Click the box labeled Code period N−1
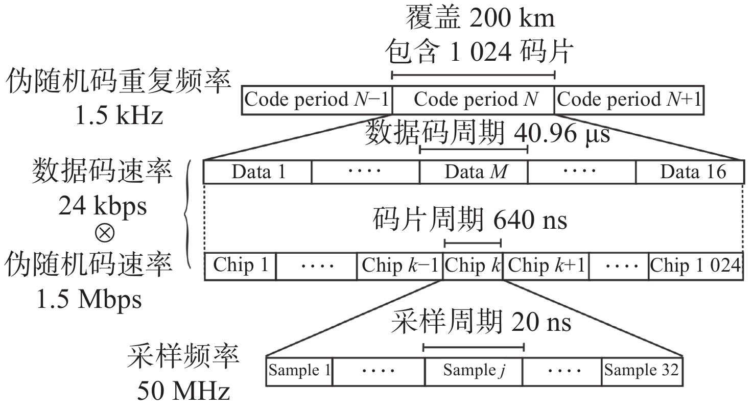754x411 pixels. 317,100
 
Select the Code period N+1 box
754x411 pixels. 629,100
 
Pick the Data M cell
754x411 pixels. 474,172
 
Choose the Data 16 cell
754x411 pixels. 690,172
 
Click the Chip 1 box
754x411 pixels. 240,265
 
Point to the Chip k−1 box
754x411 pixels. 399,265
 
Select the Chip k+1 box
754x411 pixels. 546,265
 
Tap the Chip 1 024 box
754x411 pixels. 695,265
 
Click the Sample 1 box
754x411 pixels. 300,371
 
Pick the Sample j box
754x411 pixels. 473,371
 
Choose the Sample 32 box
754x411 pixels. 642,371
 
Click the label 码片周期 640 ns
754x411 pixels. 469,221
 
